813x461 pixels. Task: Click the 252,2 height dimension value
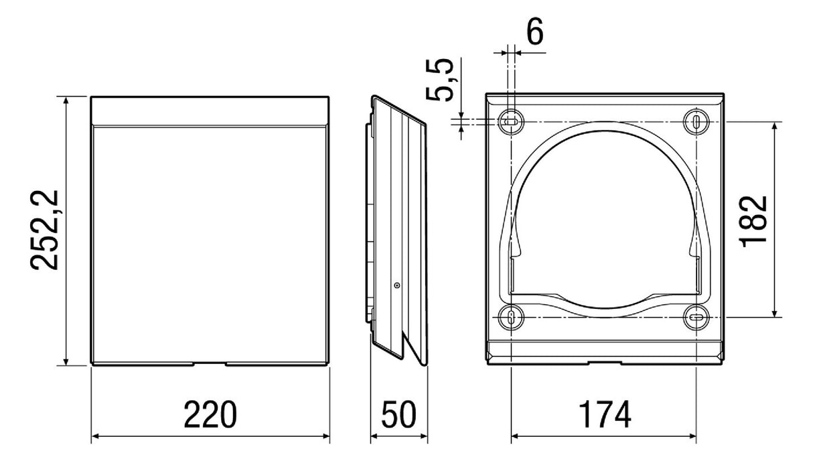(x=44, y=230)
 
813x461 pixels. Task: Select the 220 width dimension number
(x=210, y=415)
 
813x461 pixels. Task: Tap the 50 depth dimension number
(x=398, y=415)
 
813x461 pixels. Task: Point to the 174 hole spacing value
(x=604, y=415)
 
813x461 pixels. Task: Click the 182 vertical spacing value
(x=753, y=222)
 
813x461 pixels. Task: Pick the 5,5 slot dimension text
(x=440, y=80)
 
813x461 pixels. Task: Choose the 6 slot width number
(x=535, y=31)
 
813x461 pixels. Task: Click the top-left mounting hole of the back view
(x=511, y=122)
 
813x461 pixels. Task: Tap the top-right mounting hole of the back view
(x=696, y=122)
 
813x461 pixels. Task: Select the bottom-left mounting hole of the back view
(x=511, y=317)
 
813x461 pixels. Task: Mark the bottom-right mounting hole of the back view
(x=696, y=317)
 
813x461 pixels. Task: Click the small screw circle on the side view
(x=397, y=285)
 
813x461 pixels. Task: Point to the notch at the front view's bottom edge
(x=210, y=363)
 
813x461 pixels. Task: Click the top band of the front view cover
(x=210, y=111)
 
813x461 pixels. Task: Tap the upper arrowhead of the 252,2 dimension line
(x=66, y=101)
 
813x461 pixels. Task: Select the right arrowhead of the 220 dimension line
(x=325, y=436)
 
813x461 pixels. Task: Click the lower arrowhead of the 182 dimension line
(x=775, y=313)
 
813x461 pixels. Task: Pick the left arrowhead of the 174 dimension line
(x=516, y=436)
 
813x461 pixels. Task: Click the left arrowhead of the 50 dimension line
(x=374, y=436)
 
